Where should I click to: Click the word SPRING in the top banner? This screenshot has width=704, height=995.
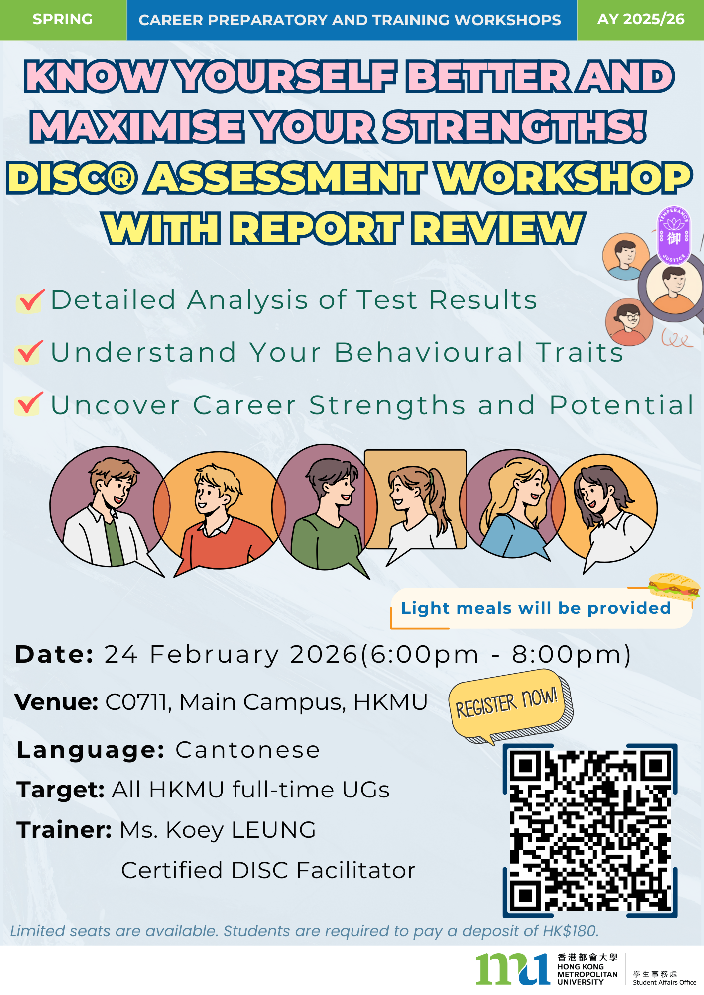tap(63, 19)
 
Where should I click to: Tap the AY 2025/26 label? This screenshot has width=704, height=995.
tap(641, 19)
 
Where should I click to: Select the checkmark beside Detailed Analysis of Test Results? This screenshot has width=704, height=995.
tap(30, 300)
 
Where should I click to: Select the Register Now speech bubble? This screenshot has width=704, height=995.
tap(511, 704)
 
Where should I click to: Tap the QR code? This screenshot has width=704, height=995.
tap(590, 830)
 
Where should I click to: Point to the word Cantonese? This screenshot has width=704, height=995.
tap(247, 750)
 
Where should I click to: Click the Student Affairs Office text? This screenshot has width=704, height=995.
tap(665, 982)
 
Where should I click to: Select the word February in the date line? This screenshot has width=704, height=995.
tap(215, 655)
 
